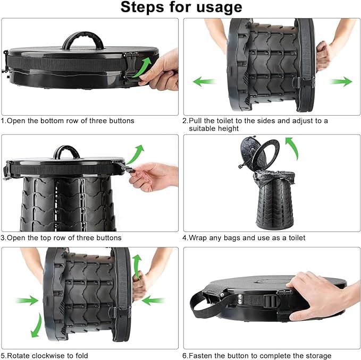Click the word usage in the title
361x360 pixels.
coord(219,7)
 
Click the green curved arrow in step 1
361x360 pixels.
coord(142,67)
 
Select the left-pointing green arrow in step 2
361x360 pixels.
coord(204,82)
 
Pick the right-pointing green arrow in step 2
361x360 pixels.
coord(341,82)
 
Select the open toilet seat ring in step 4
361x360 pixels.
coord(265,155)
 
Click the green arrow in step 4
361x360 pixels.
coord(292,148)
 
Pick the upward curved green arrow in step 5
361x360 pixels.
coord(138,267)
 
